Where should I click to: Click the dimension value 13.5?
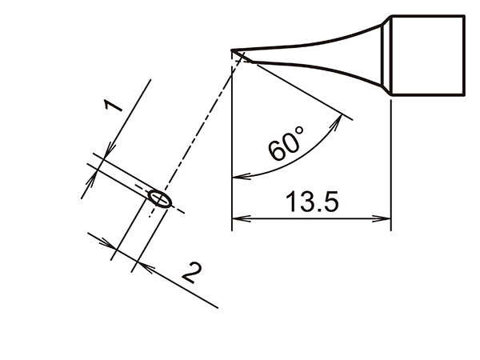click(x=312, y=202)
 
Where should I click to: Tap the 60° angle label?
click(x=286, y=144)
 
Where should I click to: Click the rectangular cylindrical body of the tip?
click(x=427, y=55)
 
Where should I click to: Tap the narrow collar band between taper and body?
click(x=386, y=55)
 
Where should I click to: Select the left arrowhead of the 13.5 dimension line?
click(x=238, y=218)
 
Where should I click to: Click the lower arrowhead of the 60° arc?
click(x=238, y=175)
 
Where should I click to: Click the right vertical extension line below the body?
click(x=390, y=160)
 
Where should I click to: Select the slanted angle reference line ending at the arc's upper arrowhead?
click(x=296, y=86)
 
